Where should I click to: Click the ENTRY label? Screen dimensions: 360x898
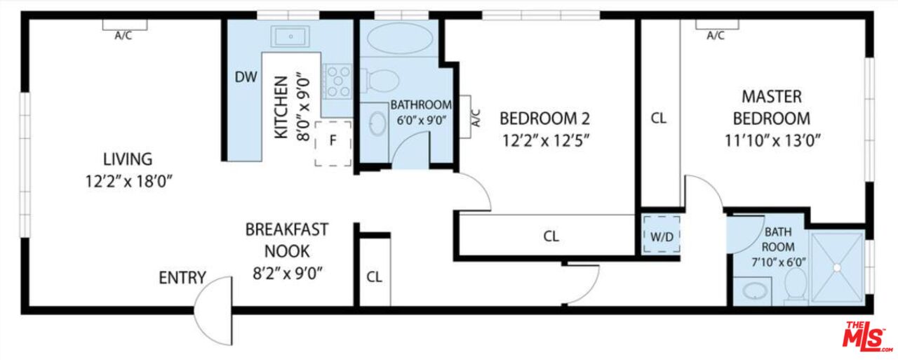point(182,277)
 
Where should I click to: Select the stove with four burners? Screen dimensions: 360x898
point(338,81)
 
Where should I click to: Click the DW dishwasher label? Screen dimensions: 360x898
point(245,76)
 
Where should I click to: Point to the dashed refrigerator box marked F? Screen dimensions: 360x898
point(333,142)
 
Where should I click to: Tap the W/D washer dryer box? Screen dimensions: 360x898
point(661,235)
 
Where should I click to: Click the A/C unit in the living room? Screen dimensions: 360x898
point(124,25)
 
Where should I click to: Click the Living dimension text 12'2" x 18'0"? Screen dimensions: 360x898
point(128,181)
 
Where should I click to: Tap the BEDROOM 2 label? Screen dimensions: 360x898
point(544,117)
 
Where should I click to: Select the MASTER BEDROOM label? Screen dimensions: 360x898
point(772,107)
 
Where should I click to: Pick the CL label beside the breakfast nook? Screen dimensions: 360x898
point(374,276)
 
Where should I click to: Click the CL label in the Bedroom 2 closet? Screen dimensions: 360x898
point(551,236)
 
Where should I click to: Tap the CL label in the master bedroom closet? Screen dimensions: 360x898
point(658,119)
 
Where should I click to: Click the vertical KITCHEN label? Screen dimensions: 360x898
point(280,107)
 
